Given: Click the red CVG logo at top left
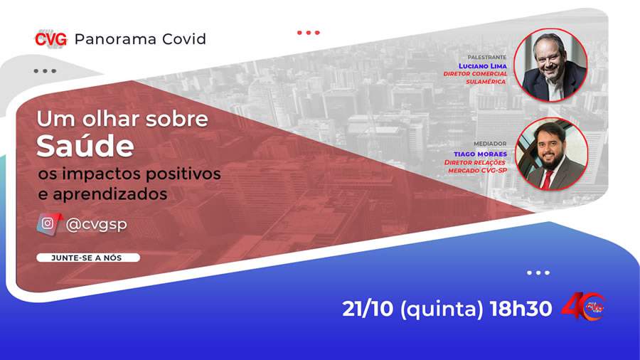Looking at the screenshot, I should tap(50, 39).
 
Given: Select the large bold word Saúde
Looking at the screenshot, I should tap(85, 146).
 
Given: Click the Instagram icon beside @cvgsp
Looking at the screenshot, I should tap(48, 223).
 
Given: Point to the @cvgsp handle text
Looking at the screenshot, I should tap(96, 224).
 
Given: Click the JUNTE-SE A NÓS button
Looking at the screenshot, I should tap(87, 258).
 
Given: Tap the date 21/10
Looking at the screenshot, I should tap(367, 309).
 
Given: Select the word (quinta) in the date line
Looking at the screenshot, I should tap(441, 309).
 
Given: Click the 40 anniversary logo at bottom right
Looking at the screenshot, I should tap(583, 307).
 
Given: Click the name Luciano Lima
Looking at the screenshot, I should tap(483, 65).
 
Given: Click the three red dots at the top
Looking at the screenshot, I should tap(308, 32).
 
